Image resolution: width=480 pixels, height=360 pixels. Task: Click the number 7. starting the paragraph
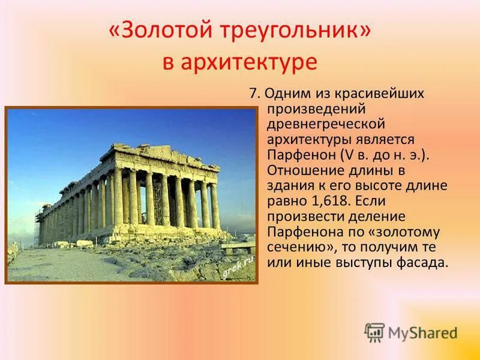pos(254,94)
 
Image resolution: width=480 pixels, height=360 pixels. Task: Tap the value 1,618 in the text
pos(325,201)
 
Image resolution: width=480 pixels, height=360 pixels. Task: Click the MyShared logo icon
pos(374,332)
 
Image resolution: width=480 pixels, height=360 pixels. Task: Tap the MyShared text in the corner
pos(422,333)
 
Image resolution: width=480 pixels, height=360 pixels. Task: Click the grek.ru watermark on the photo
pos(238,265)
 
